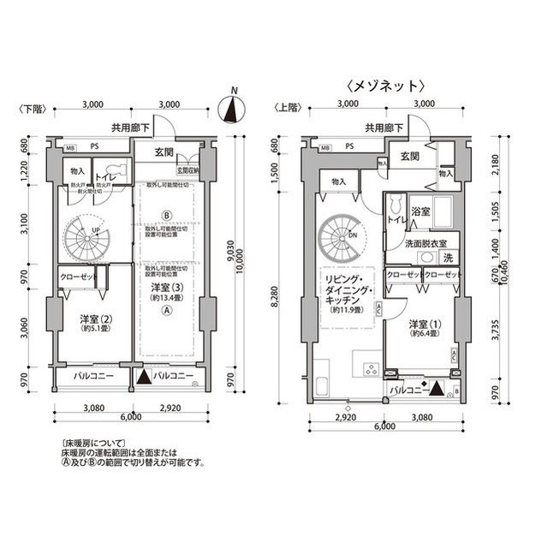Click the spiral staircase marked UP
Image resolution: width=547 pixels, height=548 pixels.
[x=84, y=234]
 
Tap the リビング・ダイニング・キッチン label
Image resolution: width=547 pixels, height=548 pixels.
[x=347, y=295]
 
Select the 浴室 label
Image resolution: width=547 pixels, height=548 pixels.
[x=420, y=211]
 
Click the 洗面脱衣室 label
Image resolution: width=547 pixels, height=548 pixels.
[x=426, y=243]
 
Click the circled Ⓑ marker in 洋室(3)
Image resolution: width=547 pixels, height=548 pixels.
[x=168, y=214]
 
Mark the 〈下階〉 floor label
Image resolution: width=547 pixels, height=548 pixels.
[x=30, y=108]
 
